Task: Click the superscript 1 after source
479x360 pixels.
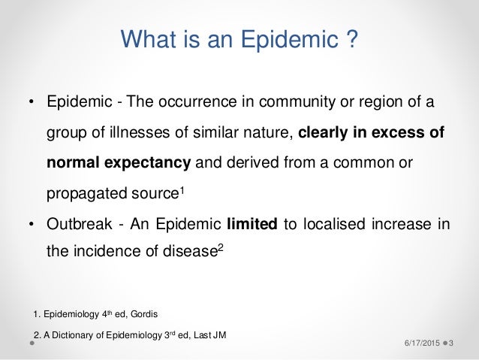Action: [x=183, y=189]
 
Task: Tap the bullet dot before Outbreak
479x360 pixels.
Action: [x=32, y=223]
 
